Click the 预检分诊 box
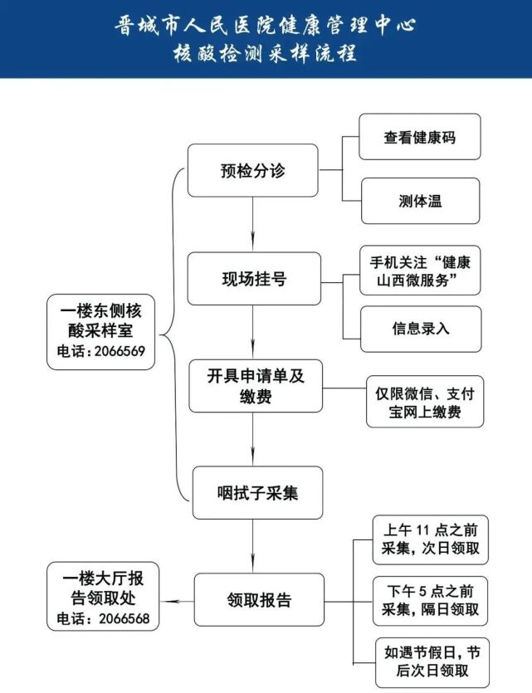252,170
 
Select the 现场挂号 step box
252,279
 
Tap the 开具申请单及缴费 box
255,386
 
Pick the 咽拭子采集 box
257,493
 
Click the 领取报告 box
259,600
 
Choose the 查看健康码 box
420,137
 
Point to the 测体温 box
420,201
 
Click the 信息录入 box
420,327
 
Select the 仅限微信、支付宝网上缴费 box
425,402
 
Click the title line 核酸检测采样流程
265,54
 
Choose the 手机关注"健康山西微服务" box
420,271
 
